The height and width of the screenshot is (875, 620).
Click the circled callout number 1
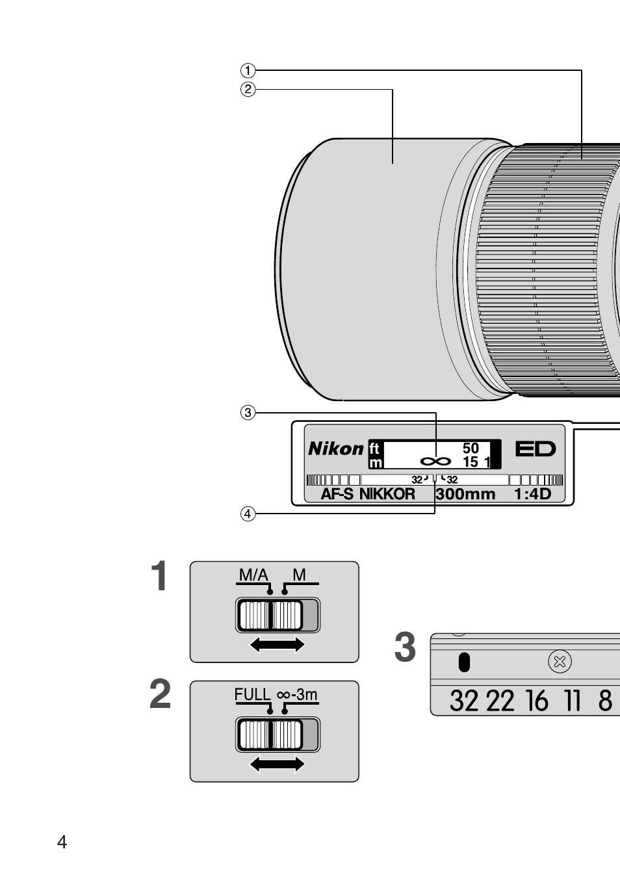(248, 70)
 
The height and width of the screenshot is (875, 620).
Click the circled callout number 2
(248, 90)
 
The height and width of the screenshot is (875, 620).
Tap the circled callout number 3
(248, 412)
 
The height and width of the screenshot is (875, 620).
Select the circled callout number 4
(248, 514)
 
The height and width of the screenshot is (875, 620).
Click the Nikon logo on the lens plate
(335, 449)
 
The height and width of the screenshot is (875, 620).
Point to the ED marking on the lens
(536, 449)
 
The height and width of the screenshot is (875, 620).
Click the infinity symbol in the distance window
(435, 461)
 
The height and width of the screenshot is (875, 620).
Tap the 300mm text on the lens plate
(465, 494)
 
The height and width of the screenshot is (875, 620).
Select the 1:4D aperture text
(532, 494)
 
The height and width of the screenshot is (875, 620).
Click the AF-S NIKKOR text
(368, 494)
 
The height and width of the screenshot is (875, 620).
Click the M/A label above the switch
(253, 575)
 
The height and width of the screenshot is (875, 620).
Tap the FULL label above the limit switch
(252, 694)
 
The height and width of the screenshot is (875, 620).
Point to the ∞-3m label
(297, 694)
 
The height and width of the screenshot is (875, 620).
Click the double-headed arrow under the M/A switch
(278, 644)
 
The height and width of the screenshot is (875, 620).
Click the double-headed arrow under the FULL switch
(278, 764)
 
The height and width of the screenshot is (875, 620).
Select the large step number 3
(405, 649)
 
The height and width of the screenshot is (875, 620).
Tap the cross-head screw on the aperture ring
(559, 662)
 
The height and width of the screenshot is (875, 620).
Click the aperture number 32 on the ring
(464, 701)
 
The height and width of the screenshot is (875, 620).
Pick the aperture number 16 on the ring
(537, 701)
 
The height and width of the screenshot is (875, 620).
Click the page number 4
(62, 842)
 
